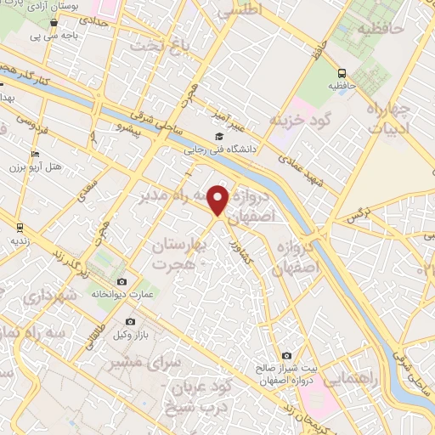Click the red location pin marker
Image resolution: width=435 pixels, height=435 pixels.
click(218, 201)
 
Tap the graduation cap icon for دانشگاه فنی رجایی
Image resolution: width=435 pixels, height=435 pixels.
click(219, 136)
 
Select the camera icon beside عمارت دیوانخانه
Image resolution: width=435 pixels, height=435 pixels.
click(122, 282)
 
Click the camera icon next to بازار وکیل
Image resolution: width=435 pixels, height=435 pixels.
click(130, 322)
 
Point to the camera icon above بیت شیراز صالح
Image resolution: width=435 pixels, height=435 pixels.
click(286, 355)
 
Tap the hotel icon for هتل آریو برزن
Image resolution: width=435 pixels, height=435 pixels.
click(34, 154)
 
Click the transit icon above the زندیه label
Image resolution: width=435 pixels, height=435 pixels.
click(19, 227)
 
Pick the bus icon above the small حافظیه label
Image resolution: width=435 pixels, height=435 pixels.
click(342, 73)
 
